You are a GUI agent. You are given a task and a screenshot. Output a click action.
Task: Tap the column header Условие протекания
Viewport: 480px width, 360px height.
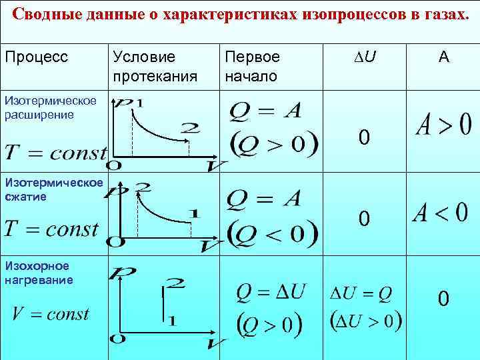point(155,66)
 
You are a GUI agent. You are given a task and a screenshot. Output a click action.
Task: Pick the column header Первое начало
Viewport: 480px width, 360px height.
point(252,66)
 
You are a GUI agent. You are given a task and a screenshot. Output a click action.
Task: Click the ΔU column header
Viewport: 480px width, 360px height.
point(364,57)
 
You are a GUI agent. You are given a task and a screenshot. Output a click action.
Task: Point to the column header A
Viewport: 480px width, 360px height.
point(443,57)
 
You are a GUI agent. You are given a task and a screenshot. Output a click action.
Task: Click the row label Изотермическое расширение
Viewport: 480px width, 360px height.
point(50,107)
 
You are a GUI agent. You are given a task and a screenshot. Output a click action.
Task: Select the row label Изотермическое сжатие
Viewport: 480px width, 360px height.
point(53,189)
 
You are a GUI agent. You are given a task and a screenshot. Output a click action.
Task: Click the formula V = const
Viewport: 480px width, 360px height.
point(51,314)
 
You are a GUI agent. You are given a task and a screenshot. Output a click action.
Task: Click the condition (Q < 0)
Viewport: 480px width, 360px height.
point(273,233)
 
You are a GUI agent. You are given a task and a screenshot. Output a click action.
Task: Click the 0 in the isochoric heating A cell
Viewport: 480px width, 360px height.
point(443,300)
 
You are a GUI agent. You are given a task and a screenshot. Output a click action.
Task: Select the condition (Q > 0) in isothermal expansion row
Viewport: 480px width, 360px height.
point(273,143)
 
